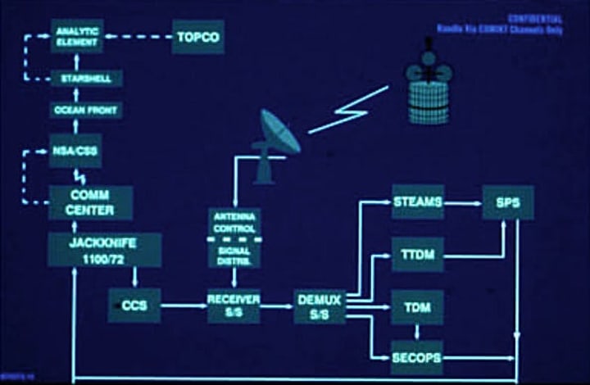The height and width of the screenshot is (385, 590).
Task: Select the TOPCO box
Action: click(x=197, y=38)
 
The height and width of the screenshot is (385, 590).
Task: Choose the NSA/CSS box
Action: click(x=75, y=151)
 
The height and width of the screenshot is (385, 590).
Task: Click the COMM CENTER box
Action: click(x=90, y=202)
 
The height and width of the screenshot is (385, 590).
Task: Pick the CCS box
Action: click(x=134, y=306)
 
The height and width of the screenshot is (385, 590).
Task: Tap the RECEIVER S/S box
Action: click(x=233, y=306)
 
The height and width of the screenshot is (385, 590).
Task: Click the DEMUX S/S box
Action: click(x=320, y=306)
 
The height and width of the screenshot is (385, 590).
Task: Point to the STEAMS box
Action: click(x=417, y=202)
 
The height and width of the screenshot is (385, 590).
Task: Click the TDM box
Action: click(x=417, y=307)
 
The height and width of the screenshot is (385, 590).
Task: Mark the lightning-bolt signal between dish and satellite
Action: click(x=348, y=108)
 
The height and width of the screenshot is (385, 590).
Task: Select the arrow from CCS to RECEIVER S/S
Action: click(x=182, y=306)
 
